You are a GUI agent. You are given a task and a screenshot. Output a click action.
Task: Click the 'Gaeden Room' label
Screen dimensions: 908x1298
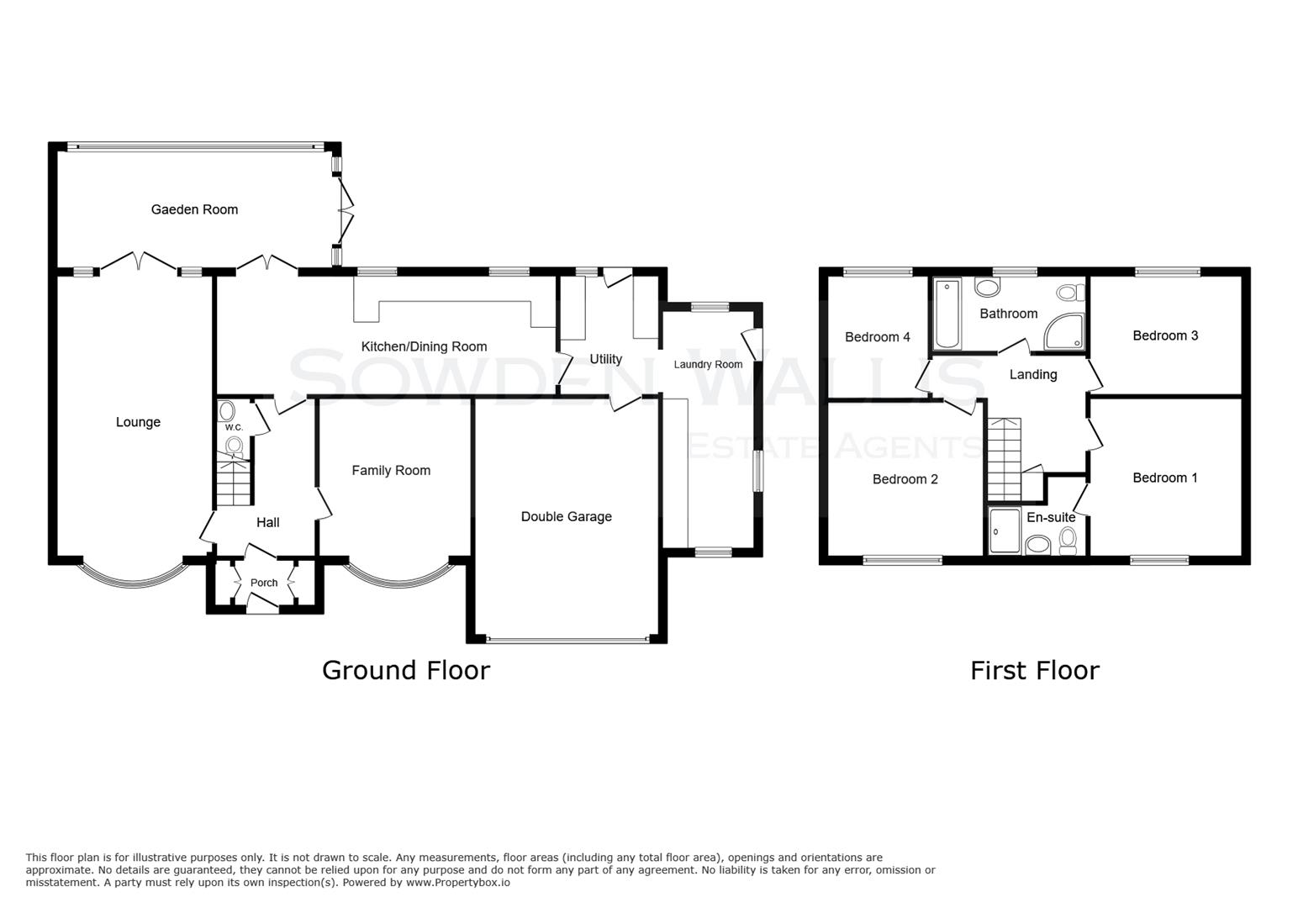(194, 209)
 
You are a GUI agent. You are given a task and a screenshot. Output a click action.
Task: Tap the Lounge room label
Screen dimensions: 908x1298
(138, 422)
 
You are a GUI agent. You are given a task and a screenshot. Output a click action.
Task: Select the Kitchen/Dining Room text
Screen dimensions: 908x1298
(424, 346)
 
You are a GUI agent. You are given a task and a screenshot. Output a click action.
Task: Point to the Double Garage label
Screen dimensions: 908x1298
(566, 516)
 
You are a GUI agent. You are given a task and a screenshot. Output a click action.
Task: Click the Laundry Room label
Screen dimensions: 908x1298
(708, 364)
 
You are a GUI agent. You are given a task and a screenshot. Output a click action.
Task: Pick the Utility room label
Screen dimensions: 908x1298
(605, 359)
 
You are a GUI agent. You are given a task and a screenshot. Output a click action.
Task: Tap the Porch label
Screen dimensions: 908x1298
(264, 583)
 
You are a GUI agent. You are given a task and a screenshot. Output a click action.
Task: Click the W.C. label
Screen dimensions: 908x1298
(234, 427)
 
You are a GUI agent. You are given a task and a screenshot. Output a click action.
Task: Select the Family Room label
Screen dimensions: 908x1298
(391, 471)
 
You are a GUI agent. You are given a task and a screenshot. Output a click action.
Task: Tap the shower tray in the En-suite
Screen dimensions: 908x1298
(1005, 531)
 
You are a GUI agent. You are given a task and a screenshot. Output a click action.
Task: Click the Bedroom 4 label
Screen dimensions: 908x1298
(877, 337)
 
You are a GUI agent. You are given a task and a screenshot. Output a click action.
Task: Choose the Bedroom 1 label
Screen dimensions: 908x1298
(1164, 478)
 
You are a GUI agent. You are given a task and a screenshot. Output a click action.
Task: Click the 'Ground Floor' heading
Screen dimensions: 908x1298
(405, 670)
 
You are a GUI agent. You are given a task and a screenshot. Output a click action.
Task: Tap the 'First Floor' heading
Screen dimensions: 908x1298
(1034, 670)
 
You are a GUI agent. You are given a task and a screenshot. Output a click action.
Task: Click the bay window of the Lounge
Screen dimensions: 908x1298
(132, 574)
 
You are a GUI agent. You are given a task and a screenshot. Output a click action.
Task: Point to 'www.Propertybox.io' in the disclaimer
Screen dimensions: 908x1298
(457, 883)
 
